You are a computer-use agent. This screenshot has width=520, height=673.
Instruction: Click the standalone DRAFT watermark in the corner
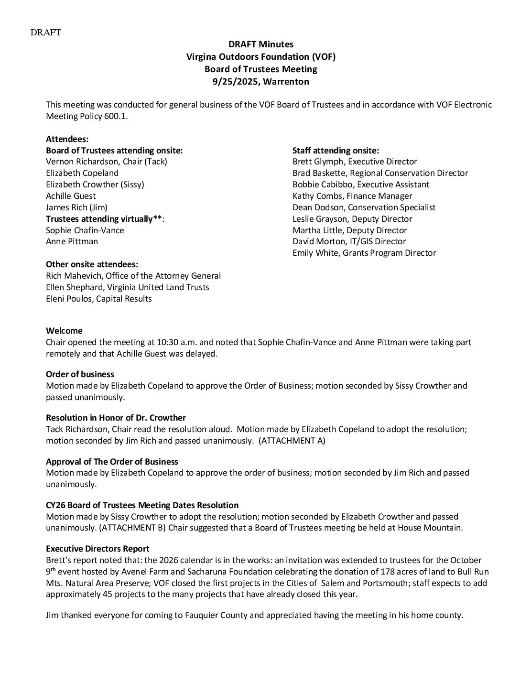click(x=46, y=33)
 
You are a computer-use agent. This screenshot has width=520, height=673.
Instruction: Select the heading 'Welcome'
click(x=64, y=331)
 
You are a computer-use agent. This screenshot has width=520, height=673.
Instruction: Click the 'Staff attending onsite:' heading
click(x=336, y=150)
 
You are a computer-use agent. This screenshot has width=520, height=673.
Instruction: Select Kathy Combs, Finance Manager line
click(x=352, y=196)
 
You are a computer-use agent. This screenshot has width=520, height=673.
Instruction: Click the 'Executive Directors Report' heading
click(x=97, y=549)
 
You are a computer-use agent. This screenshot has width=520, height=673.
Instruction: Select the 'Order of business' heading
click(x=80, y=374)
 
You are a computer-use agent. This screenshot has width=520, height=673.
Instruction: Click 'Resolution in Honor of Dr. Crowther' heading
click(x=116, y=418)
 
